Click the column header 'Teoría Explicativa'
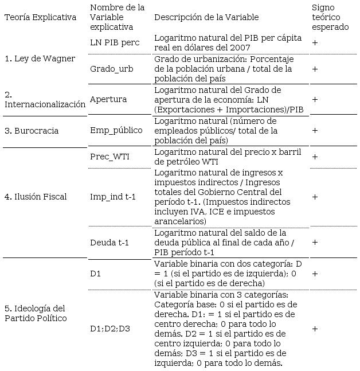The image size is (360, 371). coord(40,17)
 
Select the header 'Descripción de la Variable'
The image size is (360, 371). coord(206,17)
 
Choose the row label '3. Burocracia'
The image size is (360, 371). coord(32,131)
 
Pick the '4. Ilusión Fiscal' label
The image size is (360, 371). coord(36,197)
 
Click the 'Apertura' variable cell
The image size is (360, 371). coord(108,99)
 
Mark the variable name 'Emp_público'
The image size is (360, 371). coord(116,130)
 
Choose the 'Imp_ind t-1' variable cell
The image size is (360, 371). coord(113,197)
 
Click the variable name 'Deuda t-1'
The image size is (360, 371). coord(109,243)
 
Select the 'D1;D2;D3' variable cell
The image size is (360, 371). coord(110,329)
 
